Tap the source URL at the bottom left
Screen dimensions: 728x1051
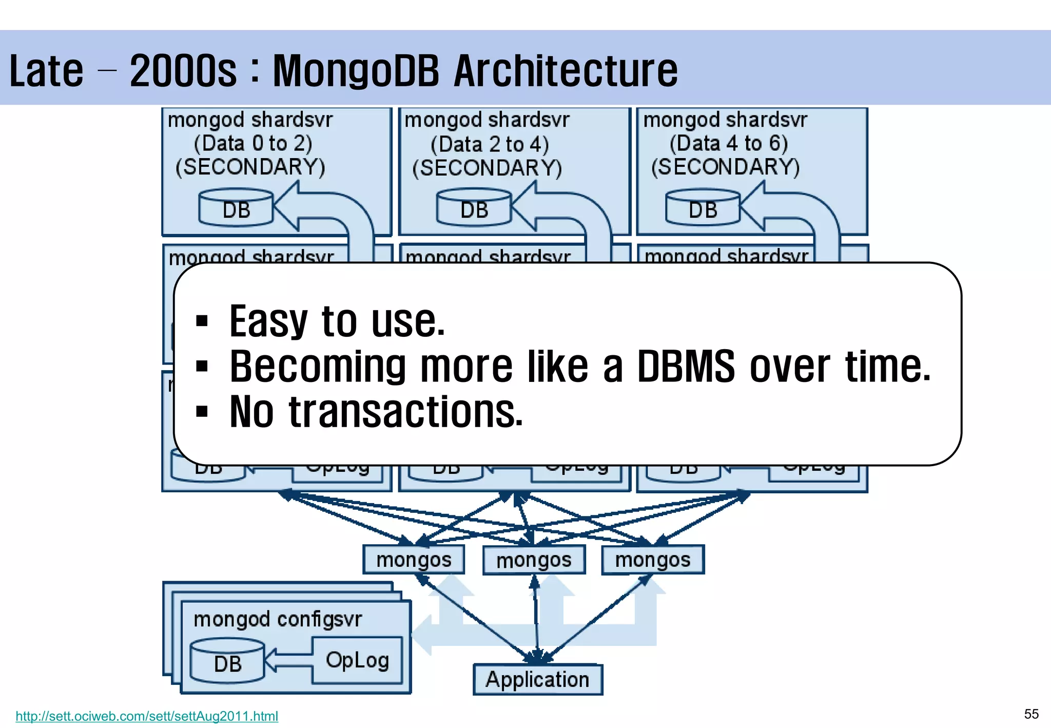(x=147, y=716)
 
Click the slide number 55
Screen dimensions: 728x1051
(x=1031, y=714)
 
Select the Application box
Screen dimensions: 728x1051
(x=537, y=679)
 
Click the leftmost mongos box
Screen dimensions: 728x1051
(x=414, y=560)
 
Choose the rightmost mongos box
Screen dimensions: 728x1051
(x=653, y=560)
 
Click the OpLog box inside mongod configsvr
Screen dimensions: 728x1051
(x=357, y=660)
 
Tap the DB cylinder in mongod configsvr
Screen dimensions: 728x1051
(x=227, y=662)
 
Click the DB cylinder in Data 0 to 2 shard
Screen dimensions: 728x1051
(x=236, y=208)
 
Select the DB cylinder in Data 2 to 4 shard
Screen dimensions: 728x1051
(x=474, y=208)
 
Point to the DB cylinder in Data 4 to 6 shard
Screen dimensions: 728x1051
(x=703, y=208)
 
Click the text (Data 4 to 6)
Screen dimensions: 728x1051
(x=728, y=143)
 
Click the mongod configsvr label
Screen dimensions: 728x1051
(x=278, y=619)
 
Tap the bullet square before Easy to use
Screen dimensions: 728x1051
(x=202, y=321)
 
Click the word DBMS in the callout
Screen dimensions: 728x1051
(x=686, y=367)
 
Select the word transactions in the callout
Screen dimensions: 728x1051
(x=405, y=412)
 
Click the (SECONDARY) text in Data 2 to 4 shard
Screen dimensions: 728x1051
(x=487, y=168)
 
